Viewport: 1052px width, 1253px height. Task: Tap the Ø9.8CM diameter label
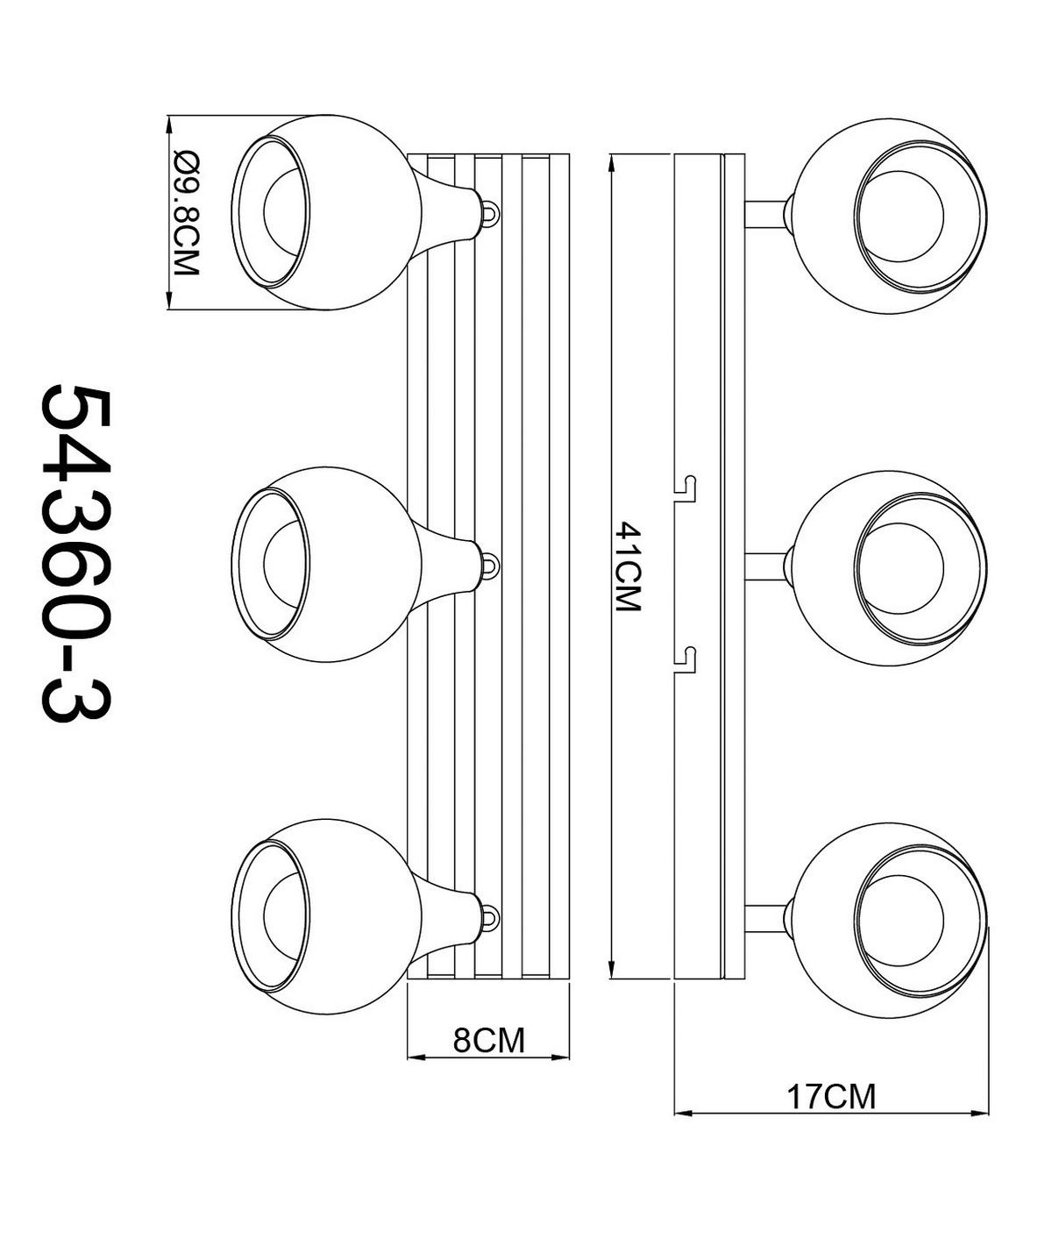pyautogui.click(x=188, y=213)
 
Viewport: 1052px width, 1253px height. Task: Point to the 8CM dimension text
pyautogui.click(x=488, y=1040)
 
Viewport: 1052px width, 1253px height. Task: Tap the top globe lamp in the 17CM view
pyautogui.click(x=890, y=214)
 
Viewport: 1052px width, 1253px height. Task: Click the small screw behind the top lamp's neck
pyautogui.click(x=490, y=212)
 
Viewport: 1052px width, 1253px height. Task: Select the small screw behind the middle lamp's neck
pyautogui.click(x=490, y=564)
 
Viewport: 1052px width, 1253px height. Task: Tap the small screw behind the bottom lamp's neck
pyautogui.click(x=490, y=917)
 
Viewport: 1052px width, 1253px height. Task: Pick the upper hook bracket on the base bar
pyautogui.click(x=686, y=489)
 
